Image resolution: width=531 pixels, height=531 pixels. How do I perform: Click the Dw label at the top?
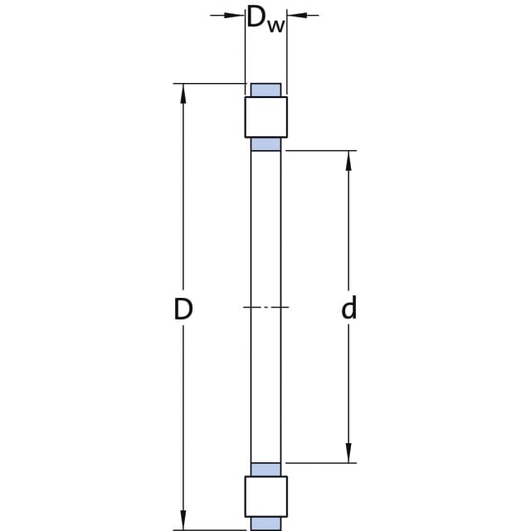[266, 19]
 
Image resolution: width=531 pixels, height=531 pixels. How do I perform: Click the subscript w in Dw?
[276, 26]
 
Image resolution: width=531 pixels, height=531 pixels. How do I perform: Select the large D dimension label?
[183, 309]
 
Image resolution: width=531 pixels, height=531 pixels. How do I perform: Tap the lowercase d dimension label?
[348, 307]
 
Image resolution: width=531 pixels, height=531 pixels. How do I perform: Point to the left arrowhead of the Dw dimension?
[235, 15]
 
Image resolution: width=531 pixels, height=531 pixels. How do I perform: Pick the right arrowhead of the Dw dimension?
[297, 15]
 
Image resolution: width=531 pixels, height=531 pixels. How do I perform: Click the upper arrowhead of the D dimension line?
[183, 94]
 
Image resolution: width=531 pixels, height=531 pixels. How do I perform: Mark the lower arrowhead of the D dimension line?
[183, 519]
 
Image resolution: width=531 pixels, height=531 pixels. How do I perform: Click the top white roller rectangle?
[266, 117]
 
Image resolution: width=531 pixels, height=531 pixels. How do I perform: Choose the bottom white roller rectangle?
[266, 496]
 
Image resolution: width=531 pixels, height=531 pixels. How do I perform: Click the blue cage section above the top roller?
[265, 90]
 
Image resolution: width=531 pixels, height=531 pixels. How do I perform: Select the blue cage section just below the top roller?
[265, 144]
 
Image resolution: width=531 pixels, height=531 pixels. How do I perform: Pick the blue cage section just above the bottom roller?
[265, 470]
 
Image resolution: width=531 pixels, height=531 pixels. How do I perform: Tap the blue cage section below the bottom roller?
[265, 524]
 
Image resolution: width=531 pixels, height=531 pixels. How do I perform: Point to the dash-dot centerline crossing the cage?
[266, 307]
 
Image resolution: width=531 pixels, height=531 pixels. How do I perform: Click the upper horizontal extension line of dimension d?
[321, 150]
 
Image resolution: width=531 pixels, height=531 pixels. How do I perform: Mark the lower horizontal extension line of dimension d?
[321, 463]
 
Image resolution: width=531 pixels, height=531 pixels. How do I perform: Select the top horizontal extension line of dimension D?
[210, 83]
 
